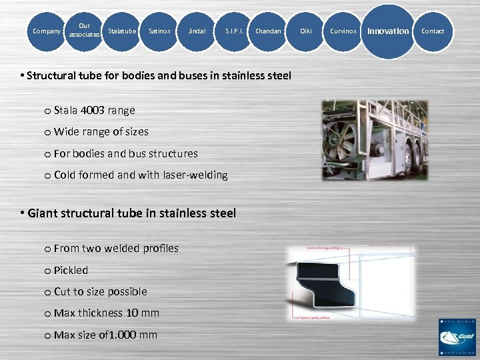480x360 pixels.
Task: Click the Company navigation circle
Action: (x=46, y=31)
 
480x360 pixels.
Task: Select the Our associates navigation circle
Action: (x=84, y=31)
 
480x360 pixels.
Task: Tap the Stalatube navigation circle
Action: (x=121, y=31)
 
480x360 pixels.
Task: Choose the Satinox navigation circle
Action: (x=159, y=31)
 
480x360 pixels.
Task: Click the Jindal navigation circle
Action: (x=197, y=31)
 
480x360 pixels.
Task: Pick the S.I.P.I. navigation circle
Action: (x=234, y=31)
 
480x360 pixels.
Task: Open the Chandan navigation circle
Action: (x=268, y=31)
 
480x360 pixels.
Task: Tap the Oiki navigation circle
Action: (x=306, y=31)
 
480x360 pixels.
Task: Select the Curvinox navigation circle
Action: (x=343, y=31)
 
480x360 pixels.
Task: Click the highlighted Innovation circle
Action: (x=389, y=31)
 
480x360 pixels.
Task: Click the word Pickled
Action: (x=71, y=270)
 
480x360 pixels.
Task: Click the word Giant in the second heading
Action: (x=42, y=213)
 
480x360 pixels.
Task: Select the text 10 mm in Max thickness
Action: (x=143, y=313)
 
